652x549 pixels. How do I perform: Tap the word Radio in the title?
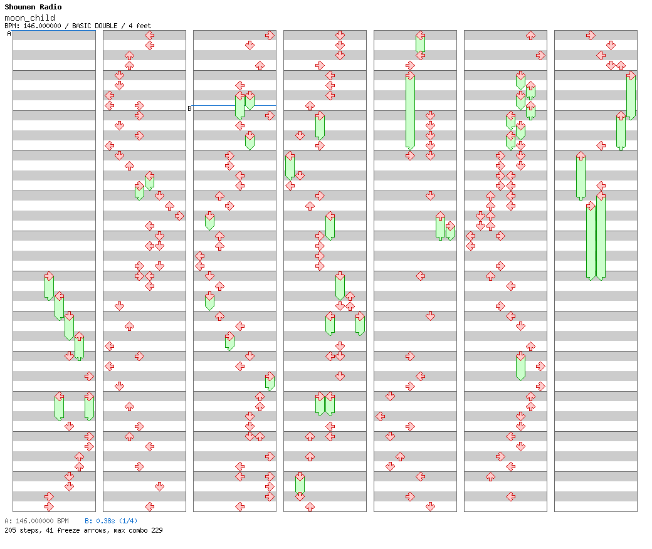[51, 7]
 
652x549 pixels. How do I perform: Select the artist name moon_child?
[29, 18]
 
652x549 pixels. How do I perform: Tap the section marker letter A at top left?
[9, 34]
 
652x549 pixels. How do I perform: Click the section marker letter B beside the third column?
[189, 108]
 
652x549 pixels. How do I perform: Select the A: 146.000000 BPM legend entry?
[36, 521]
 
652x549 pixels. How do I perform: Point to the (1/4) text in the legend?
[129, 521]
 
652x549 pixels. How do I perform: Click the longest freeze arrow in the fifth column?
[410, 111]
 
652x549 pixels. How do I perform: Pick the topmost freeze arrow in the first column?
[49, 286]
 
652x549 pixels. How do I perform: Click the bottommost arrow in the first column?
[49, 506]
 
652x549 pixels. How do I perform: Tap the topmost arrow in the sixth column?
[530, 35]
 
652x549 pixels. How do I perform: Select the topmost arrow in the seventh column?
[591, 35]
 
